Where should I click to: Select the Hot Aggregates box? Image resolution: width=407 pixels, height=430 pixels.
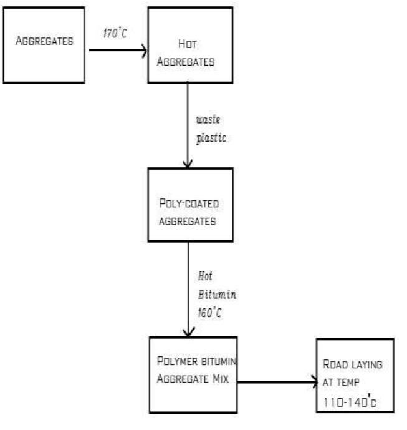(191, 46)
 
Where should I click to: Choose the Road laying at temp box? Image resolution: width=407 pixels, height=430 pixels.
(354, 375)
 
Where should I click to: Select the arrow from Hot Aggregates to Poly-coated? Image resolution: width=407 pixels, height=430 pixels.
(188, 125)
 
